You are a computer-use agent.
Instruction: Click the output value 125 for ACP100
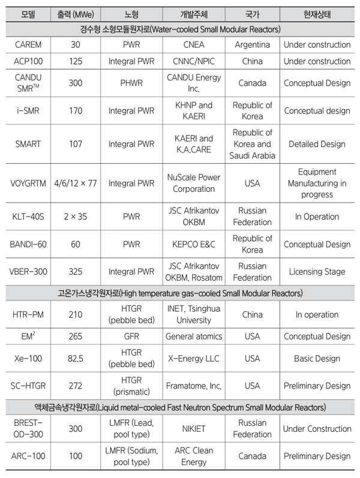(x=75, y=61)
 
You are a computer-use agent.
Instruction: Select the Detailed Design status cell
(x=317, y=144)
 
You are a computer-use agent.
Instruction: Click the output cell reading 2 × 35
(x=75, y=217)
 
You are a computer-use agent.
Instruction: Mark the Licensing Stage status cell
(x=317, y=272)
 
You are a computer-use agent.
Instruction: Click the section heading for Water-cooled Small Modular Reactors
(x=179, y=29)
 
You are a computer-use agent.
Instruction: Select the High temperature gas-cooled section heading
(x=179, y=293)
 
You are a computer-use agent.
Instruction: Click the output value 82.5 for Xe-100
(x=75, y=359)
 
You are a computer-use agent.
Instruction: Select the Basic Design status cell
(x=317, y=359)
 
